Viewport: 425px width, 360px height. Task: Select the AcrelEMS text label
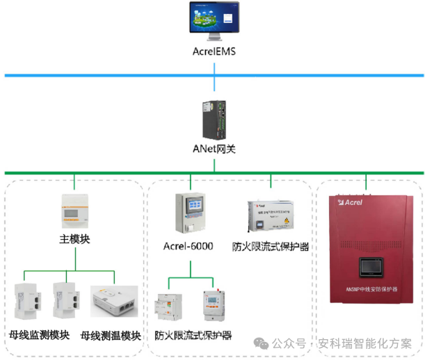point(214,52)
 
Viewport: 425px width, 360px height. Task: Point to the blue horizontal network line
point(104,74)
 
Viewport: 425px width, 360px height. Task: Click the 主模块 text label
point(74,240)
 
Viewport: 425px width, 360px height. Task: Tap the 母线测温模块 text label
point(111,335)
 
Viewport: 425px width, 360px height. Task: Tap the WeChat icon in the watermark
point(261,343)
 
